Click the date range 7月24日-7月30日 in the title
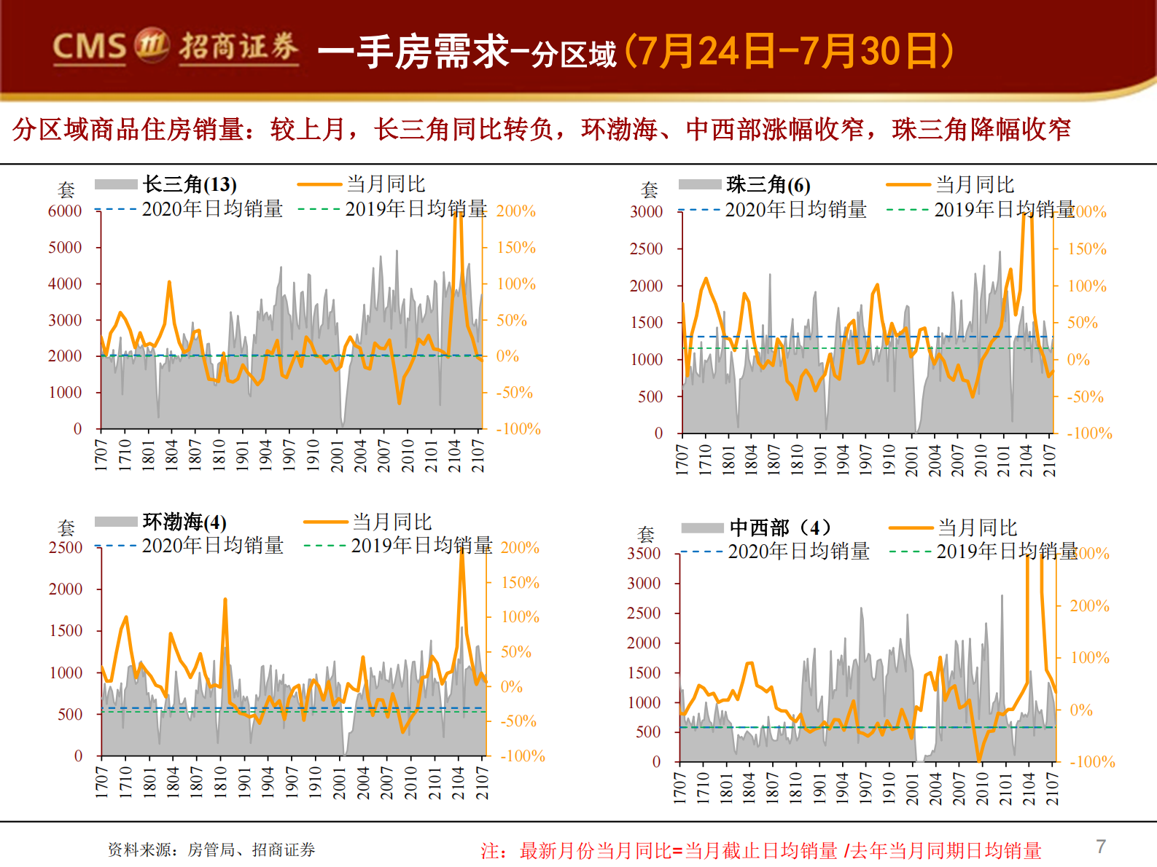[789, 51]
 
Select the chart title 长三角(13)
[190, 184]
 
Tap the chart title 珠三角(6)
[768, 185]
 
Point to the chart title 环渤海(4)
[184, 522]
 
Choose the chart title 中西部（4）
[779, 527]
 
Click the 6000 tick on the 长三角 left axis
[65, 211]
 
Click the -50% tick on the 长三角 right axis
[514, 393]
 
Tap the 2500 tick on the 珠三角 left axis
[646, 249]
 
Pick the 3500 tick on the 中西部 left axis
[643, 554]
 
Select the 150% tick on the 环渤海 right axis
[520, 583]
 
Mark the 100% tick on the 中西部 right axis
[1089, 658]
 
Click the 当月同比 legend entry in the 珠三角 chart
[974, 184]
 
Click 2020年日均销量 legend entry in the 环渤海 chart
[212, 546]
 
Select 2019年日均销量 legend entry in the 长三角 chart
[416, 210]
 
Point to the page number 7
[1101, 847]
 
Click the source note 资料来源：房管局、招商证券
[211, 850]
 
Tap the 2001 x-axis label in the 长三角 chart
[338, 455]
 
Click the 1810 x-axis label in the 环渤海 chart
[220, 782]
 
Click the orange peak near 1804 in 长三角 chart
[169, 283]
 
